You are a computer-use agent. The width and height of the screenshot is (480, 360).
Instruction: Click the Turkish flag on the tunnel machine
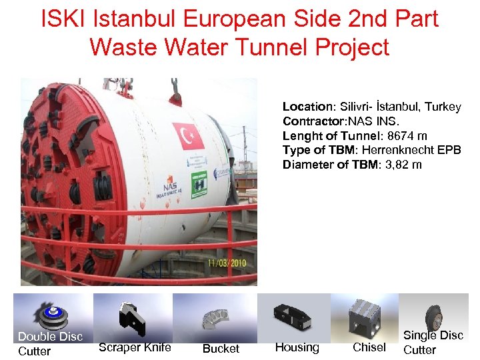(188, 137)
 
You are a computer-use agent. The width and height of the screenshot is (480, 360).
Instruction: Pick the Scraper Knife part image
(132, 318)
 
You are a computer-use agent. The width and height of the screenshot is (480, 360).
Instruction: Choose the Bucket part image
(215, 317)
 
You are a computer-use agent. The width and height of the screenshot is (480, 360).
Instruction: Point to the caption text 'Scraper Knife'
(135, 347)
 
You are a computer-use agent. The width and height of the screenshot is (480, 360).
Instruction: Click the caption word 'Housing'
(297, 347)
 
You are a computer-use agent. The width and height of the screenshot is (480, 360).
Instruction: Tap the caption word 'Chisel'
(369, 347)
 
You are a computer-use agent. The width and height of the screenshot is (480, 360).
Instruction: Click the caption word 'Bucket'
(221, 349)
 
